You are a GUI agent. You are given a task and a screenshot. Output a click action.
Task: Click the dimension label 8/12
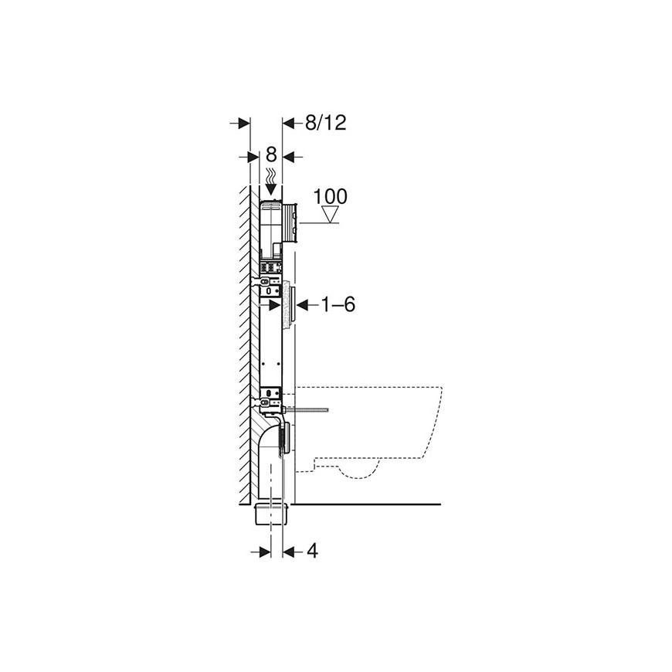[326, 123]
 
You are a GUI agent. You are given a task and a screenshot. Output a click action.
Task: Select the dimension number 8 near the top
[271, 154]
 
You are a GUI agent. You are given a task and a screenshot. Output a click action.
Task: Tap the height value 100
[330, 197]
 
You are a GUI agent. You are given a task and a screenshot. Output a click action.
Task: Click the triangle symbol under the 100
[331, 214]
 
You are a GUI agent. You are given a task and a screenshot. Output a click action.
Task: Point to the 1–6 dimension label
[338, 304]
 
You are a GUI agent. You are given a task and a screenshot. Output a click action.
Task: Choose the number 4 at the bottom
[313, 552]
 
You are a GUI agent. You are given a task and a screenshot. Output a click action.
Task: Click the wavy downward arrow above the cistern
[271, 182]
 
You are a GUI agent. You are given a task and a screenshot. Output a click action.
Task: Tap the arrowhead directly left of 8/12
[288, 124]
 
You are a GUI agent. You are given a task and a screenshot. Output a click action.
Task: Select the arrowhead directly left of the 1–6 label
[302, 305]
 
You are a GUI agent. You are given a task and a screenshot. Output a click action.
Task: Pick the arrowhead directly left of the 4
[289, 552]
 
